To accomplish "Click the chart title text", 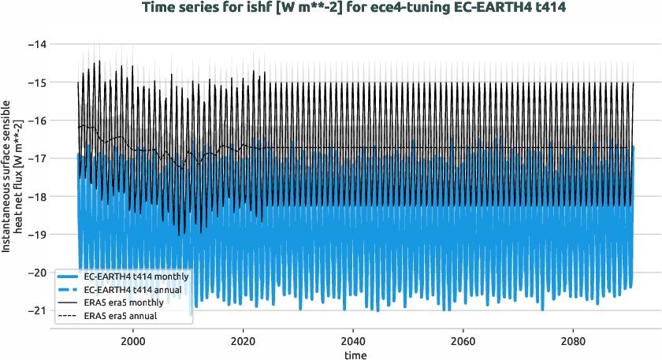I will tap(355, 9).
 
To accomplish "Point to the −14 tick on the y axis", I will tap(36, 44).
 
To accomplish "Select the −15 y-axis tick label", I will tap(36, 82).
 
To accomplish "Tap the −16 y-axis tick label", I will tap(36, 121).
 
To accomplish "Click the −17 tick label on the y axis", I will tap(36, 158).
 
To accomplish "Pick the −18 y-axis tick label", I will tap(36, 196).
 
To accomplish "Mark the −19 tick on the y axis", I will tap(36, 234).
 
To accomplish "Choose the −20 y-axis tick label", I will tap(36, 273).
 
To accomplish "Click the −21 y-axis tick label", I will tap(36, 310).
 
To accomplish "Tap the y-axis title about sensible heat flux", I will tap(12, 181).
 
